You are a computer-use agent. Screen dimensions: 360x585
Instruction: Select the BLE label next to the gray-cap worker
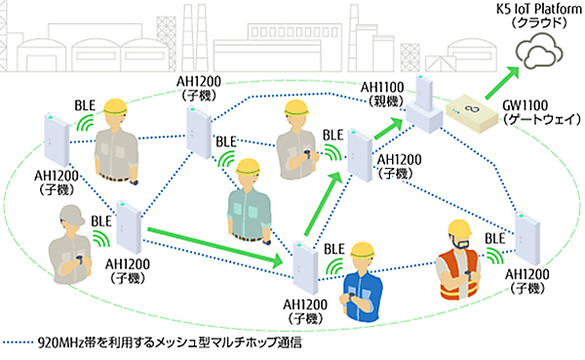(100, 222)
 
